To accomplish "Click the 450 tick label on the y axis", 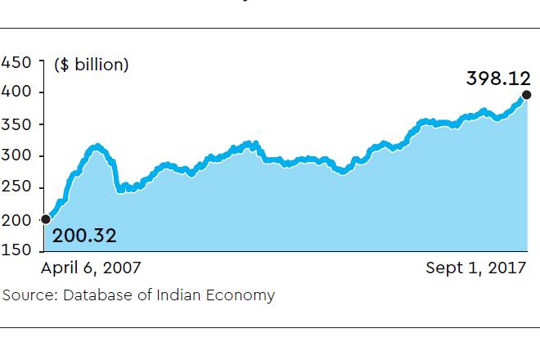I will [16, 62].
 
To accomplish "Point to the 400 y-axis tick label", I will [16, 93].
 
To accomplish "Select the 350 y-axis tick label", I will [16, 125].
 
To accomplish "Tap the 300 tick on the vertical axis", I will [16, 156].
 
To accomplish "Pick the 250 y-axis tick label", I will [16, 188].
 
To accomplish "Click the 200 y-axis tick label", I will [16, 219].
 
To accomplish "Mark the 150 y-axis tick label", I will [16, 250].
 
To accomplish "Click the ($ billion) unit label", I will [92, 65].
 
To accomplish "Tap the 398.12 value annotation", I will [494, 79].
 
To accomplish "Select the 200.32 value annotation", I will [84, 236].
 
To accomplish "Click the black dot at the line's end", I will [525, 95].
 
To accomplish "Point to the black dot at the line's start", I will [46, 219].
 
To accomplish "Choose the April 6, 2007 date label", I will [91, 268].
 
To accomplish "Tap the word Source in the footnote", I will [26, 295].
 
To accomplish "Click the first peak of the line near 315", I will [97, 147].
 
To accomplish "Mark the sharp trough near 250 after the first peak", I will [120, 189].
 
